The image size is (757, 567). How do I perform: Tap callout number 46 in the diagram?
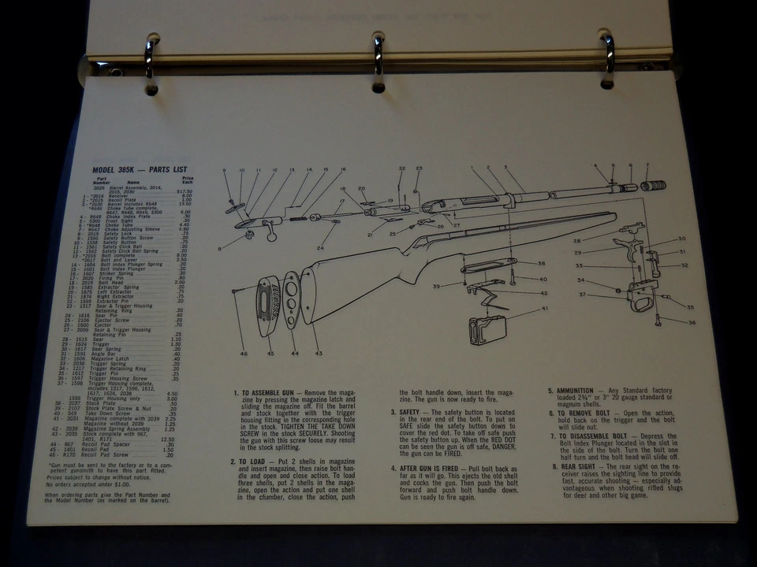(244, 354)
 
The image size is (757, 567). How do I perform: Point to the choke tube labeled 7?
(654, 186)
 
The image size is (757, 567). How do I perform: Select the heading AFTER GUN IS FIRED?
(431, 469)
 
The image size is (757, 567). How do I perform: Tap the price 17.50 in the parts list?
(185, 191)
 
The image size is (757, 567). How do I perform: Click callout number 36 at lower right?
(692, 321)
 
